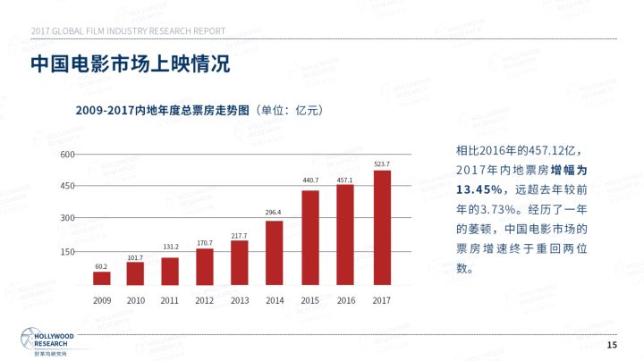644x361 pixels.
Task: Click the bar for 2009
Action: [102, 278]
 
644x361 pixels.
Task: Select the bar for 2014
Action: [275, 253]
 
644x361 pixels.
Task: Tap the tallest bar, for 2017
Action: [382, 228]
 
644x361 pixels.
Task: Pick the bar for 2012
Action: [205, 266]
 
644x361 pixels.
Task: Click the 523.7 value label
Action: [382, 164]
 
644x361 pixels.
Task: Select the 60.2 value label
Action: [101, 266]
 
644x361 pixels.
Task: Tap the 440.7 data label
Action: [310, 180]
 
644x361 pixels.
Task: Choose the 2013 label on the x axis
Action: [240, 299]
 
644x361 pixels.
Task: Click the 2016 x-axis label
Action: [346, 299]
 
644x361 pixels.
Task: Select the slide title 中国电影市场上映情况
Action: [131, 65]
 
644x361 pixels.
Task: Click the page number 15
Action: [612, 345]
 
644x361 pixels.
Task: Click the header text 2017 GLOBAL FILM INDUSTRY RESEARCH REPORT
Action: [128, 31]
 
